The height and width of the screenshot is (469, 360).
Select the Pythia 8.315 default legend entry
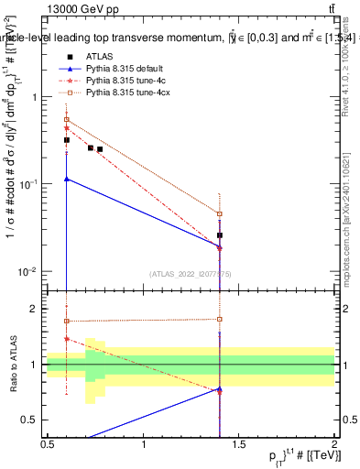coord(125,69)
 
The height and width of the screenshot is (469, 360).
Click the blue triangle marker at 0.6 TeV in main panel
coord(67,179)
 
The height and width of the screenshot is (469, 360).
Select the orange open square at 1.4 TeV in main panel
coord(220,214)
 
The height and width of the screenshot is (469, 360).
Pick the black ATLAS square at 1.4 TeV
coord(220,235)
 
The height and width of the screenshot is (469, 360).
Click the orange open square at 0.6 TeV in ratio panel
coord(67,322)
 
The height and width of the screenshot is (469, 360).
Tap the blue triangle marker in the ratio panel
coord(220,389)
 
